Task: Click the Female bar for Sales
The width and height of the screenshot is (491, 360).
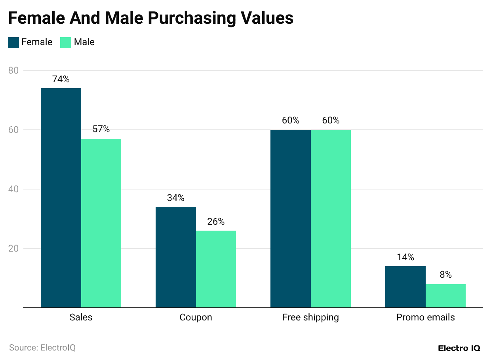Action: pyautogui.click(x=61, y=198)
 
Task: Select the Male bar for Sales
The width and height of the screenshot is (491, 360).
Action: pyautogui.click(x=101, y=223)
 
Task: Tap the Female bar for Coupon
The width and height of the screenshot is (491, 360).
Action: pyautogui.click(x=176, y=257)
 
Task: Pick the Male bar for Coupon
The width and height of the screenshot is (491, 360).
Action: pyautogui.click(x=216, y=269)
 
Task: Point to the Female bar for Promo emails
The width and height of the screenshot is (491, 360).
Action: pyautogui.click(x=405, y=287)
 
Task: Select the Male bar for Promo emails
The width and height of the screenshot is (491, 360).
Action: pyautogui.click(x=445, y=296)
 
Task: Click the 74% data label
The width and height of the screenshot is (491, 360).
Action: pyautogui.click(x=61, y=79)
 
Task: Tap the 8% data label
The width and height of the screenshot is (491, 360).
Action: pyautogui.click(x=445, y=275)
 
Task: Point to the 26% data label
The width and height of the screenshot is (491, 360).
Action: pyautogui.click(x=216, y=222)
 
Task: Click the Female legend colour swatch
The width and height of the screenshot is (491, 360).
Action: pyautogui.click(x=13, y=42)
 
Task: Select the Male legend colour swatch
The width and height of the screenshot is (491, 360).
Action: pyautogui.click(x=66, y=42)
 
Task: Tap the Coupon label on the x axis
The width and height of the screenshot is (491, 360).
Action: pyautogui.click(x=196, y=317)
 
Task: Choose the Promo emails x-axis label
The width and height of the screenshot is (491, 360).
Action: pyautogui.click(x=426, y=317)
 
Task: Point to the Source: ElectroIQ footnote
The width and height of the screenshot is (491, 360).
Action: pyautogui.click(x=42, y=348)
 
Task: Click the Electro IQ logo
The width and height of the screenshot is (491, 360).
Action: pyautogui.click(x=459, y=348)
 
